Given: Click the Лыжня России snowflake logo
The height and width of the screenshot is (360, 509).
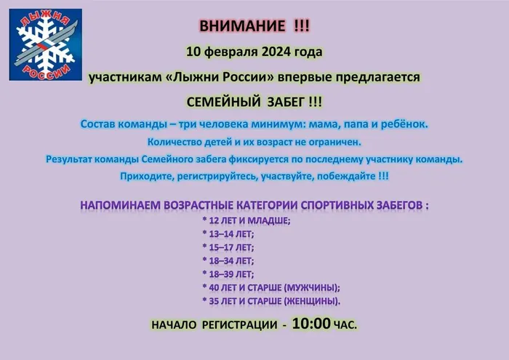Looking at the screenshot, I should [45, 45].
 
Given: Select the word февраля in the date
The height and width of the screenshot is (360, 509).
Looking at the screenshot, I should [228, 52].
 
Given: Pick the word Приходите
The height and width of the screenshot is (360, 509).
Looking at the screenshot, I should [145, 176].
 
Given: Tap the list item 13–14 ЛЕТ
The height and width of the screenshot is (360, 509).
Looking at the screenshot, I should [228, 233].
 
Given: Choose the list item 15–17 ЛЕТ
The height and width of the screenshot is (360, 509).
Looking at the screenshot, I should [228, 247].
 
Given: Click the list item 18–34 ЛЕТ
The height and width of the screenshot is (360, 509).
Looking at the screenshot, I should [228, 260].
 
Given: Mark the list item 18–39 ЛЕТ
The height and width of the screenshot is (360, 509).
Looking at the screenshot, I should [228, 274].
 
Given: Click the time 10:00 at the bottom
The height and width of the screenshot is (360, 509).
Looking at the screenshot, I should [312, 324].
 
